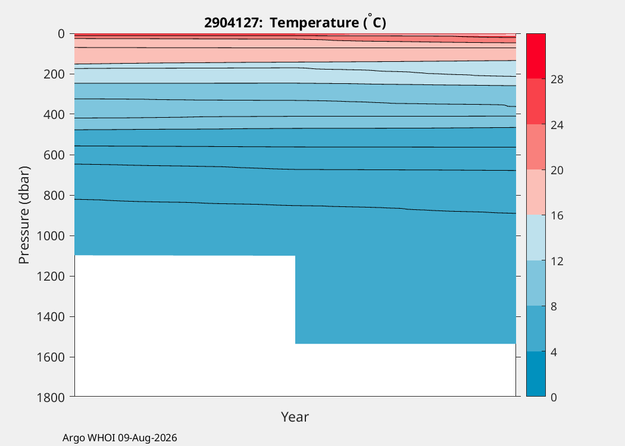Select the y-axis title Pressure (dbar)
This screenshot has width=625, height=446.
24,215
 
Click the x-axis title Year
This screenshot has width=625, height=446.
295,416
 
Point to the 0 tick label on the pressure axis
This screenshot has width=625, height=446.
61,34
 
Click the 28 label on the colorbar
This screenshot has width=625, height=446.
557,80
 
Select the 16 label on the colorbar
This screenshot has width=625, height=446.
557,215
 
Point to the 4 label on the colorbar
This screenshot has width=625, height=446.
554,352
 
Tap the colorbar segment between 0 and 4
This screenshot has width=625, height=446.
536,373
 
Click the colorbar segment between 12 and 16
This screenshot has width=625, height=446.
536,238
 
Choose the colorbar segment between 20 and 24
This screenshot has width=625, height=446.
536,147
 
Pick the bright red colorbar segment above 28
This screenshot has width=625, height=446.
536,56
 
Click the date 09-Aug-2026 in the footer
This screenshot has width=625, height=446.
148,438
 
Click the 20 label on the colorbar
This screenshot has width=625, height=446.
557,171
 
